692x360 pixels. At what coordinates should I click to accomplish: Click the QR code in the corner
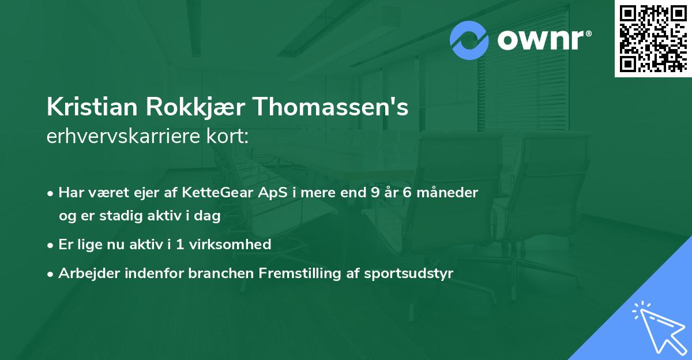[652, 39]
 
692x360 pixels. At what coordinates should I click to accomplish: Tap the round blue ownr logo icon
[469, 40]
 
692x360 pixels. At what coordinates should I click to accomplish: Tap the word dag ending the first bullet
[209, 216]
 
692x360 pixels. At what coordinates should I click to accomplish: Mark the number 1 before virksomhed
[180, 245]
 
